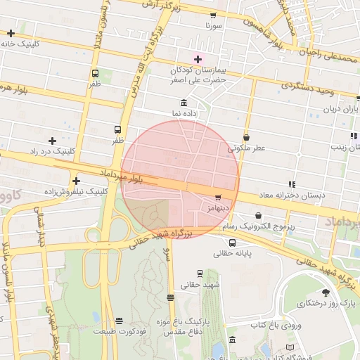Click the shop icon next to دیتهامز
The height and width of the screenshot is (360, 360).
(218, 198)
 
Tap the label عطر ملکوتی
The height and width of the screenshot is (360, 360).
(246, 148)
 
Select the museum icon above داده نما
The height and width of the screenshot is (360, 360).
(184, 103)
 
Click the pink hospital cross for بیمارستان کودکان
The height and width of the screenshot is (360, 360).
(198, 59)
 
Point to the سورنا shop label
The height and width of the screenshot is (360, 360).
(214, 25)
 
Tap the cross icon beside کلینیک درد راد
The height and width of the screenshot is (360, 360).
(53, 141)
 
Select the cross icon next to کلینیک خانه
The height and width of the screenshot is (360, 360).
(11, 33)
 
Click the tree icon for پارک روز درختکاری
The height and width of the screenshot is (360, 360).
(325, 292)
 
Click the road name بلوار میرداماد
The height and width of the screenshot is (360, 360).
(122, 176)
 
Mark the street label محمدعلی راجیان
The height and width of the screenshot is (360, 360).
(330, 55)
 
